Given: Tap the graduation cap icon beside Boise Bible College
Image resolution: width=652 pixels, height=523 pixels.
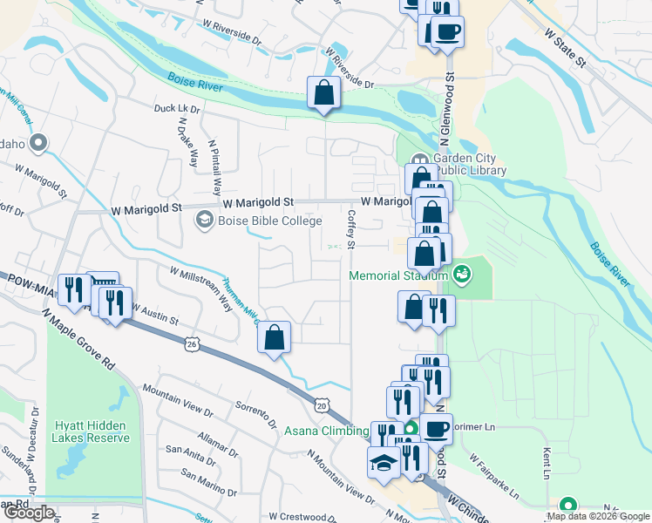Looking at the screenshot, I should (x=204, y=221).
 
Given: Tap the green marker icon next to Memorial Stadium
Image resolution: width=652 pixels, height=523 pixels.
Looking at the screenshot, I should (x=461, y=275).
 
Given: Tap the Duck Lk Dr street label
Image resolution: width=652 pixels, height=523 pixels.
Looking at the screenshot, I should (x=177, y=110).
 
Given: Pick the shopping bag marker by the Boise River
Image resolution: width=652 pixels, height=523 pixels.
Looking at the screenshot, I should (x=323, y=93).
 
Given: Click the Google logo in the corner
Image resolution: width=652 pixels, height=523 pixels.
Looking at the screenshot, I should (x=29, y=513).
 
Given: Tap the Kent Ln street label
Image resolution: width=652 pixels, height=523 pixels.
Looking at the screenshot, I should (x=547, y=464).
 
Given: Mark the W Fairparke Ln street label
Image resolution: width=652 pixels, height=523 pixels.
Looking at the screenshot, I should (x=493, y=475).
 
